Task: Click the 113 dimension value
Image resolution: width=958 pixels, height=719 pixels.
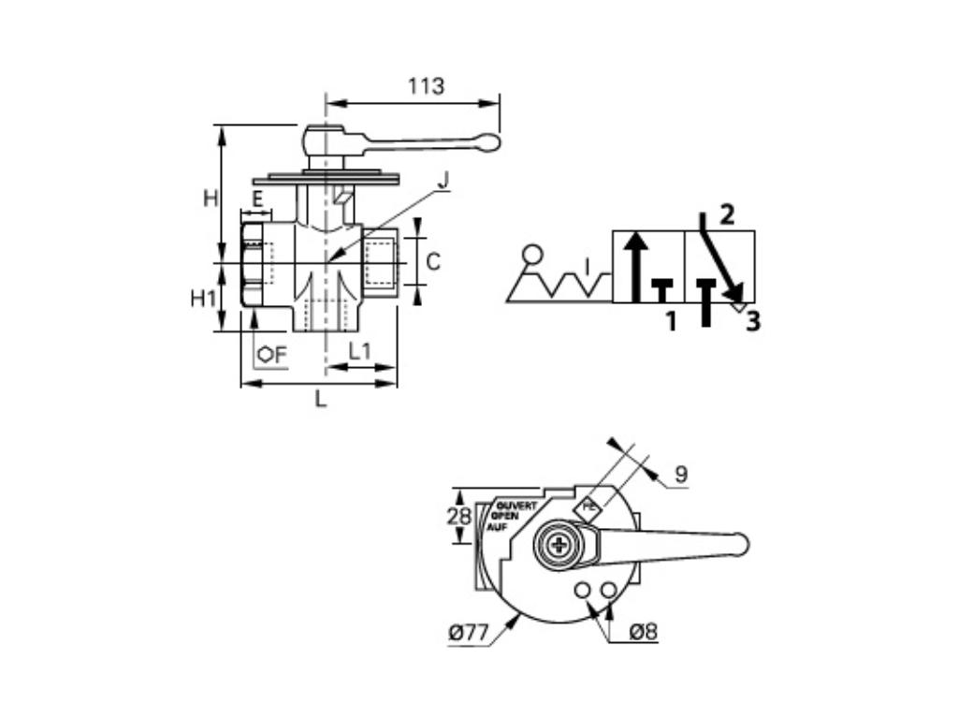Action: (x=426, y=86)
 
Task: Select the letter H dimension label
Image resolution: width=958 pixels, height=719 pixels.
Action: (x=210, y=198)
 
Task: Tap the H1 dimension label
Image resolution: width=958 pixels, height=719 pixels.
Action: (x=204, y=299)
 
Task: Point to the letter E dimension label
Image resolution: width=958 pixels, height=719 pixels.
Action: (x=256, y=198)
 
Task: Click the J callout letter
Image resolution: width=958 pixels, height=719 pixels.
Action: (x=444, y=179)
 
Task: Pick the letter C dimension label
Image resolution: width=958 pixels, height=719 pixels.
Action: (x=432, y=262)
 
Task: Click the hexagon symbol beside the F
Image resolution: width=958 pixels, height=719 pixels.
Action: (x=266, y=354)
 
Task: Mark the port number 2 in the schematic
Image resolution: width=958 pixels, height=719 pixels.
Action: (x=727, y=214)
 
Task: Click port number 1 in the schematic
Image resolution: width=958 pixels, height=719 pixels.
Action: (x=670, y=322)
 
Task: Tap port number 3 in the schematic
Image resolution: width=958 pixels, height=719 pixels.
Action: (x=752, y=322)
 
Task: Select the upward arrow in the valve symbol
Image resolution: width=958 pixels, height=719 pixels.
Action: (x=635, y=267)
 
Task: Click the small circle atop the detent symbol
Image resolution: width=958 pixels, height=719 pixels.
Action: (x=532, y=253)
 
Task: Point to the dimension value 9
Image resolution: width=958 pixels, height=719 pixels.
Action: (x=681, y=475)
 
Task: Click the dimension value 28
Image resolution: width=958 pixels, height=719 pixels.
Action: (x=457, y=516)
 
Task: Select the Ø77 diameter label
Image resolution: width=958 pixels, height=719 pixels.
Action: (x=469, y=634)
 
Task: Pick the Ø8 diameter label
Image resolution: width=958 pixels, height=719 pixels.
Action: (x=643, y=632)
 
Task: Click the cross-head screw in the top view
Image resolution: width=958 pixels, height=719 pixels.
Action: (x=559, y=546)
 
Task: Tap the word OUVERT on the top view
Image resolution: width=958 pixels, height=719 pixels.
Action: (x=516, y=506)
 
